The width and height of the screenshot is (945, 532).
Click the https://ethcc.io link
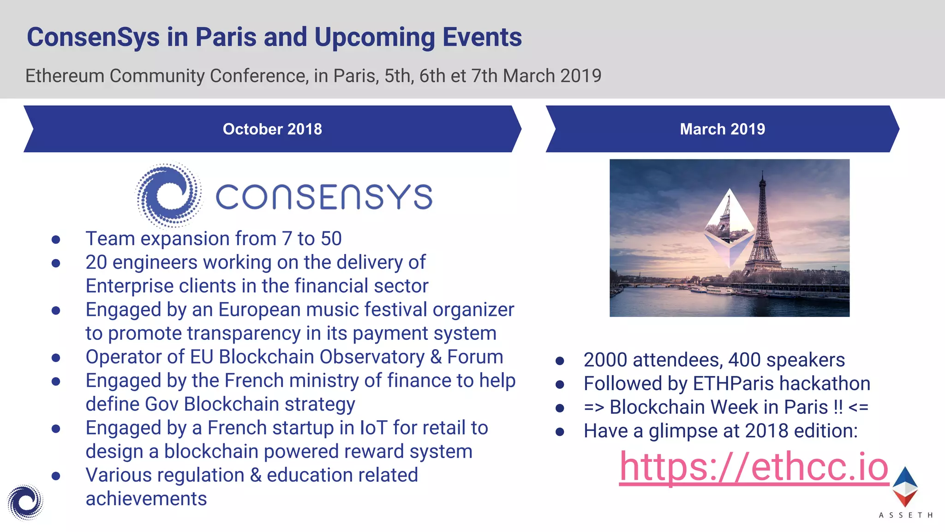point(754,467)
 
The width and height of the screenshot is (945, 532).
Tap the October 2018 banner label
point(272,129)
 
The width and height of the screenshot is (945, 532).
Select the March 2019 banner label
point(722,129)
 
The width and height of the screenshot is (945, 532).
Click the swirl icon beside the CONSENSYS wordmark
point(169,195)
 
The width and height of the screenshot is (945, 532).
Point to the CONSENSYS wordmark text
point(324,197)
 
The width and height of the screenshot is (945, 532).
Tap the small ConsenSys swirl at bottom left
point(25,502)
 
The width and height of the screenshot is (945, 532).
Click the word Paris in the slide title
point(226,37)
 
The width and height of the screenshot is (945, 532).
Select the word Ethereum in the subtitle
point(65,76)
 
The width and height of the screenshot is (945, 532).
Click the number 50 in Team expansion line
point(331,239)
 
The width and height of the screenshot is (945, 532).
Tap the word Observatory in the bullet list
point(372,357)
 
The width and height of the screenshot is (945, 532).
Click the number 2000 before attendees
point(605,360)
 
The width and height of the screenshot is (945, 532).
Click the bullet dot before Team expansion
point(56,239)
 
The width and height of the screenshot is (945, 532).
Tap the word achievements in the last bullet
point(146,499)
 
